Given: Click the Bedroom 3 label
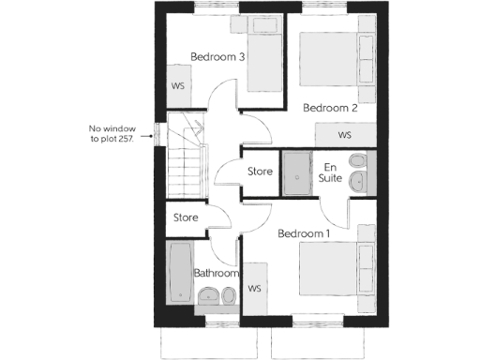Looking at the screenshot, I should [x=217, y=57].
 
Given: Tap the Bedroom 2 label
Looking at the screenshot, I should [x=330, y=108].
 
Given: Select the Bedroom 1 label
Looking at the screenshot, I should [x=303, y=232].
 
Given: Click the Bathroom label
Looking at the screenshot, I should [x=215, y=274].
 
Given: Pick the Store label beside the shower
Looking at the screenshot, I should [x=260, y=172].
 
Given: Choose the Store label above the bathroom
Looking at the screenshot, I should [x=187, y=217].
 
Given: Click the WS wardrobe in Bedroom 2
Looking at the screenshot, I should [x=344, y=135].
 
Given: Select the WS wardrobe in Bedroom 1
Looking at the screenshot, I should [x=254, y=289].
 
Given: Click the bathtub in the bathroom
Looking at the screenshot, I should [x=179, y=272].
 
